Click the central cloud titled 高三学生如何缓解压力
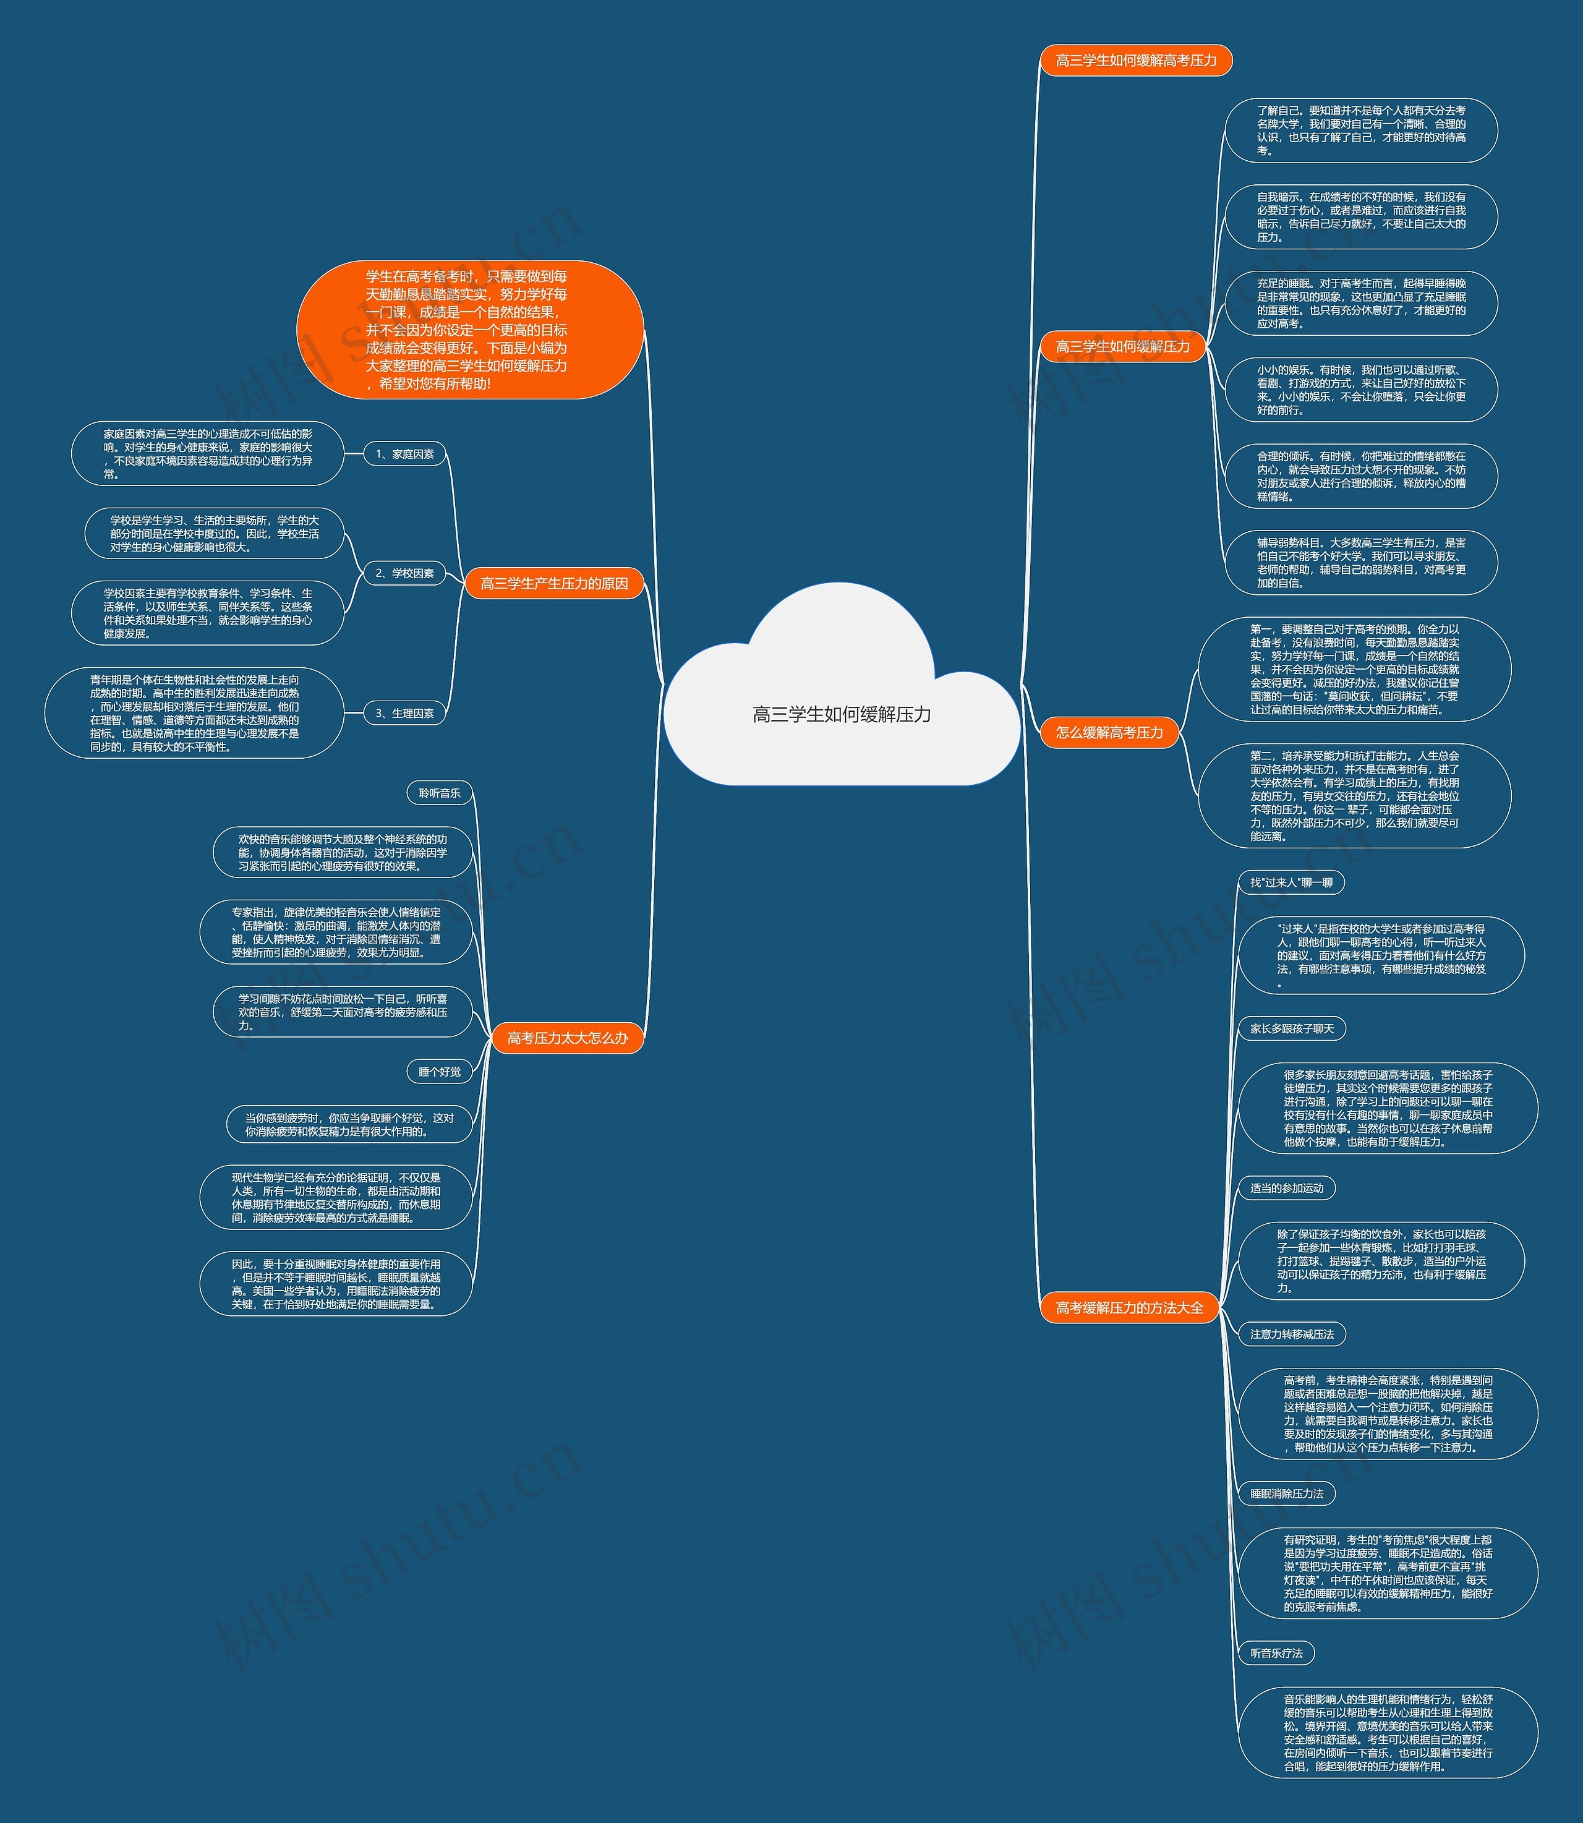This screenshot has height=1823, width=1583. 841,714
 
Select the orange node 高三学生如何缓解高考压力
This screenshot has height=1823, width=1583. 1135,60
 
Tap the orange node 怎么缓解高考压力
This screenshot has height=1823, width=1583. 1109,732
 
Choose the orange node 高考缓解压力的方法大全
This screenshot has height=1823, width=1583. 1129,1307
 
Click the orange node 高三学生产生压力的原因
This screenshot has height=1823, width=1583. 554,583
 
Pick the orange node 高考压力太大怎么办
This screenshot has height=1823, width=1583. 567,1038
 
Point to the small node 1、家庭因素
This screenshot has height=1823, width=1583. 404,454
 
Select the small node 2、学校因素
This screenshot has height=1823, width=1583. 404,573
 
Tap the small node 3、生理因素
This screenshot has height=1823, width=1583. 404,713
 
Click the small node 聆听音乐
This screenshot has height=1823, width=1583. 439,793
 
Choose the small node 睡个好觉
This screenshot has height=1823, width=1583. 439,1072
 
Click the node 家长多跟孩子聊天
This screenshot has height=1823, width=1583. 1292,1028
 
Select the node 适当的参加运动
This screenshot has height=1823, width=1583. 1286,1188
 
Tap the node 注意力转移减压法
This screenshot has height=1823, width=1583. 1292,1334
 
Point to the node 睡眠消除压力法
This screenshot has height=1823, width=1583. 1286,1493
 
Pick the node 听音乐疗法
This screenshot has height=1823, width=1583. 1276,1652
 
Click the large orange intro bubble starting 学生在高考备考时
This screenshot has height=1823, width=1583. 469,330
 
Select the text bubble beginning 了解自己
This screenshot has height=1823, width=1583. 1360,130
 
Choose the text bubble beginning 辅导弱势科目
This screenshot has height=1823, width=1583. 1360,563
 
